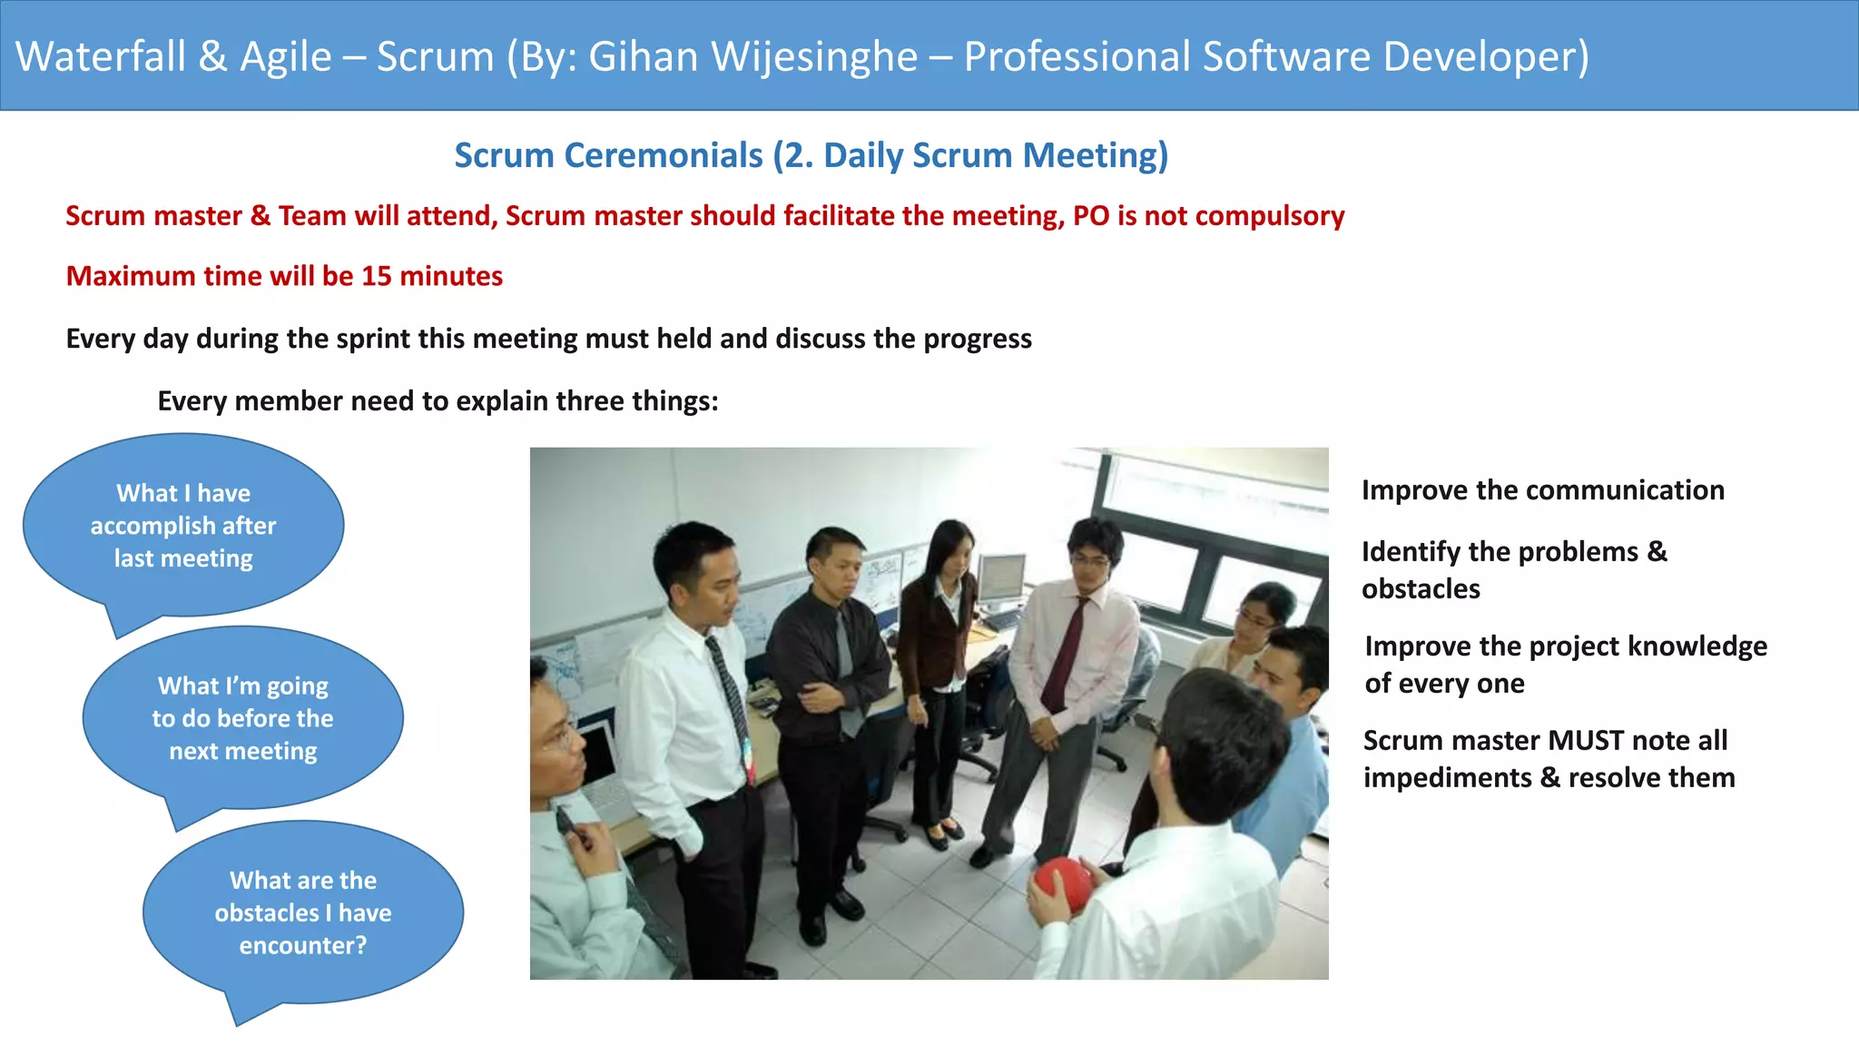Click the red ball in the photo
pyautogui.click(x=1063, y=883)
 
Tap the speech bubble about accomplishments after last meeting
pyautogui.click(x=183, y=526)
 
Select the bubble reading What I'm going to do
pyautogui.click(x=242, y=718)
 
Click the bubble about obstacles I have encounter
pyautogui.click(x=303, y=913)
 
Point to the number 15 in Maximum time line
pyautogui.click(x=376, y=276)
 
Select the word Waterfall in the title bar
pyautogui.click(x=101, y=56)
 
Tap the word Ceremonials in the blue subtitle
pyautogui.click(x=664, y=155)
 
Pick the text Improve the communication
pyautogui.click(x=1542, y=490)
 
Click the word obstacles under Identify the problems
pyautogui.click(x=1421, y=589)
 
